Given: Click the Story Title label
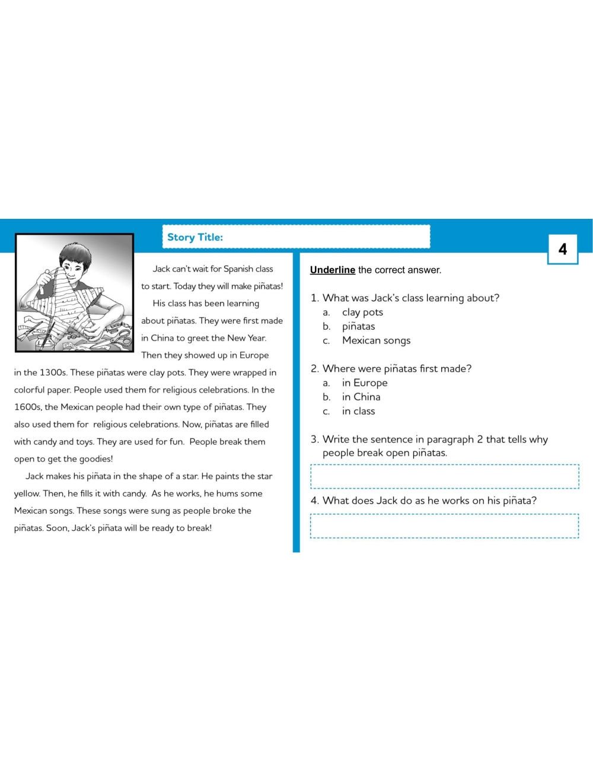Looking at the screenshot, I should point(195,237).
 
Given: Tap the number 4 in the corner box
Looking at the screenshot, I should point(562,249).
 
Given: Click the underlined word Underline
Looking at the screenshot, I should point(332,270).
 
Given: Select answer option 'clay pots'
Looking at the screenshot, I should point(362,313).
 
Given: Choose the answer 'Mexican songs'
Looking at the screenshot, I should point(376,340).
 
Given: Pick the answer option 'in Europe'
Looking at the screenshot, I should point(365,383).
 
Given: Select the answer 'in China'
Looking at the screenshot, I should point(361,397).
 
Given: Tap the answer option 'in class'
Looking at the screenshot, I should point(358,412).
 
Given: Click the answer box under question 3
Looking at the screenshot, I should point(445,476).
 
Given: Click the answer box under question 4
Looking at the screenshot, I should point(445,526).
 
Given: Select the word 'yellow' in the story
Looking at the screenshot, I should point(27,493).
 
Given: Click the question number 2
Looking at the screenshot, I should point(314,369).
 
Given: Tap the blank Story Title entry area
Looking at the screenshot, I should point(326,237).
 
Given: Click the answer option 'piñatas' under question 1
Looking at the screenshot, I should point(358,327).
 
